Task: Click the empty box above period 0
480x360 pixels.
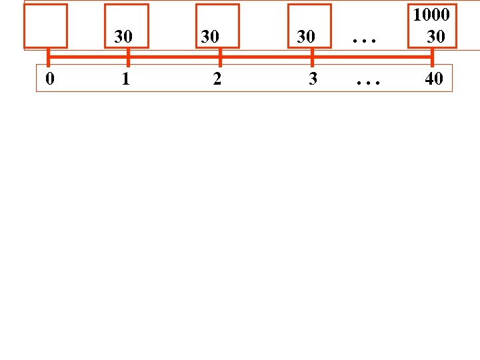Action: coord(47,26)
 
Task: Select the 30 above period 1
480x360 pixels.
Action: coord(123,37)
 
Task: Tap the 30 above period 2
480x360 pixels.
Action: coord(210,37)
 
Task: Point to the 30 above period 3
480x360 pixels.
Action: coord(306,37)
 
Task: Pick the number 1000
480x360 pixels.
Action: coord(431,15)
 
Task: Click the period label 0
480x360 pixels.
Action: coord(49,79)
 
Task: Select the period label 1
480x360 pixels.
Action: coord(125,79)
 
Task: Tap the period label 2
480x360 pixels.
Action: coord(217,79)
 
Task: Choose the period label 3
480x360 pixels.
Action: coord(313,79)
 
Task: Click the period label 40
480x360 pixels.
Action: coord(433,79)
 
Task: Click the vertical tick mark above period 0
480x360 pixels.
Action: coord(48,57)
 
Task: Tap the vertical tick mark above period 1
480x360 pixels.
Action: coord(127,57)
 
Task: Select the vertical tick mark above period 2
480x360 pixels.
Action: coord(219,57)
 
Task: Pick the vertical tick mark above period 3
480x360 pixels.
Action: coord(312,57)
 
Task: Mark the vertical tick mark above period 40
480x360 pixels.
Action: coord(432,57)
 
